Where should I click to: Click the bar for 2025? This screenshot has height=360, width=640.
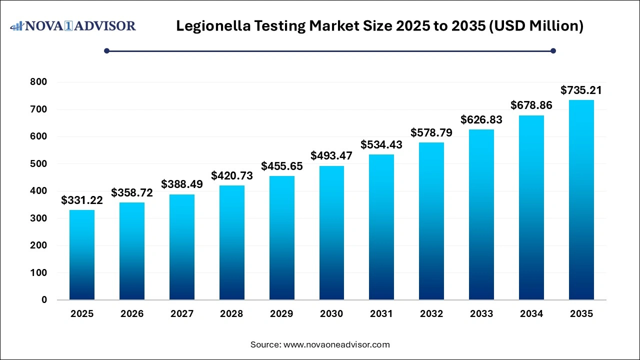(82, 255)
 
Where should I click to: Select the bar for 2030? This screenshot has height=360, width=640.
(331, 233)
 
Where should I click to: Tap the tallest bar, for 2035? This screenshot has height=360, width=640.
(581, 200)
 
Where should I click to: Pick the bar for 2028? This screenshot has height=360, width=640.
(231, 242)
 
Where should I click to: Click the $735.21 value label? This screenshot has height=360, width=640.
(581, 90)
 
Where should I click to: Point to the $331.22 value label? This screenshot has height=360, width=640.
(82, 200)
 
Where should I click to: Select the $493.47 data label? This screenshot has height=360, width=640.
(331, 156)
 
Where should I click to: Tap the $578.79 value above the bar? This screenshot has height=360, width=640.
(431, 133)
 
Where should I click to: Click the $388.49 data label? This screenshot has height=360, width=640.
(182, 184)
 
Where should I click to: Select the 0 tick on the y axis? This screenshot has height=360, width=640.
(44, 300)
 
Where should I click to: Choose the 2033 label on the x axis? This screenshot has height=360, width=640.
(481, 314)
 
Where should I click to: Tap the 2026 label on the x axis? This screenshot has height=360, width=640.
(132, 314)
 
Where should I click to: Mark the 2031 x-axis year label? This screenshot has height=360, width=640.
(381, 314)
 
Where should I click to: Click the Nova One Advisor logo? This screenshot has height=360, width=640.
(73, 25)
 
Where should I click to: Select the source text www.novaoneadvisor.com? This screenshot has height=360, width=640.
(336, 344)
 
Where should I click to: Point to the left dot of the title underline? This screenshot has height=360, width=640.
(106, 50)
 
